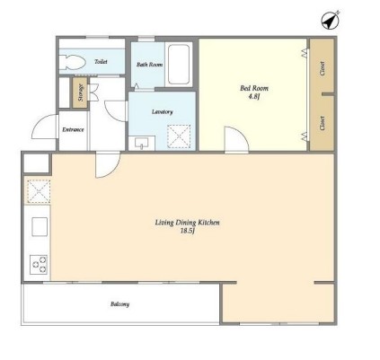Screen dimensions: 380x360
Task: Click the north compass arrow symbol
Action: click(x=331, y=20)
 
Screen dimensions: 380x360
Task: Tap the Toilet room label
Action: click(x=101, y=62)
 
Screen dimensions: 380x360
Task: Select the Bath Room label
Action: click(x=149, y=65)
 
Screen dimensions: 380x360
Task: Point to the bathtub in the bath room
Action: click(x=179, y=65)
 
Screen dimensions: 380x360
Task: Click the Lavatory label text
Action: click(x=163, y=112)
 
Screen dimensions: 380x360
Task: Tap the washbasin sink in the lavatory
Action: click(x=141, y=144)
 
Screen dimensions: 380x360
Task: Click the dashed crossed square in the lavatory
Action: click(x=179, y=136)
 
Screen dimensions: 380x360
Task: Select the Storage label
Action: click(x=80, y=92)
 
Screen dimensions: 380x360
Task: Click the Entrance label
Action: click(x=73, y=130)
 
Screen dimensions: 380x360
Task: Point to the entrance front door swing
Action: click(x=44, y=127)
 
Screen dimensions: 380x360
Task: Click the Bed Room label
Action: click(x=254, y=88)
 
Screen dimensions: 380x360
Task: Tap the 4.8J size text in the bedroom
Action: click(x=254, y=97)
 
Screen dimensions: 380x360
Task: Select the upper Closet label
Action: click(x=323, y=68)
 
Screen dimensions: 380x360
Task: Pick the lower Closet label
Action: click(x=323, y=123)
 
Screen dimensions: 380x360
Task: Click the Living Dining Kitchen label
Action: click(x=187, y=223)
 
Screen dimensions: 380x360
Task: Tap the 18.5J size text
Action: click(x=188, y=231)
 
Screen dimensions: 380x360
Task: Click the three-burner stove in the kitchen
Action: click(x=39, y=264)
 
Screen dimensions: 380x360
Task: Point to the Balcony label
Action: click(x=119, y=304)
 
